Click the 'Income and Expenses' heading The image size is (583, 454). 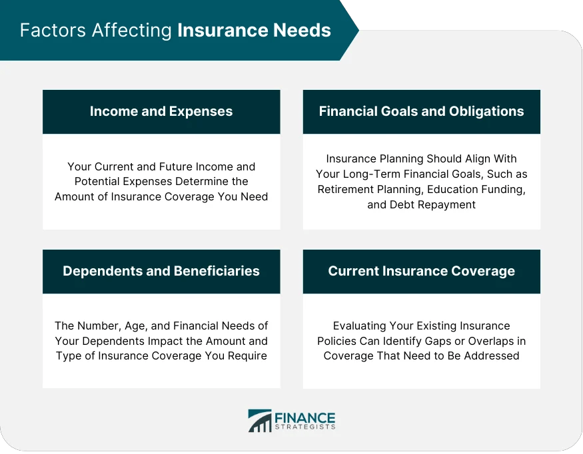161,111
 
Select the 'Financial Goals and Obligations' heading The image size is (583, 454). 421,111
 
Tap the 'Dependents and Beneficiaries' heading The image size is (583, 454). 161,271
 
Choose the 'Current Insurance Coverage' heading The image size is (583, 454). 421,271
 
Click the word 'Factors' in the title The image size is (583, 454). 46,31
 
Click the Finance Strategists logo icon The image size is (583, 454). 259,421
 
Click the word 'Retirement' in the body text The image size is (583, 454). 340,189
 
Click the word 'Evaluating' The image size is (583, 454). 362,326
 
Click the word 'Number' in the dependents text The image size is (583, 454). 100,326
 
